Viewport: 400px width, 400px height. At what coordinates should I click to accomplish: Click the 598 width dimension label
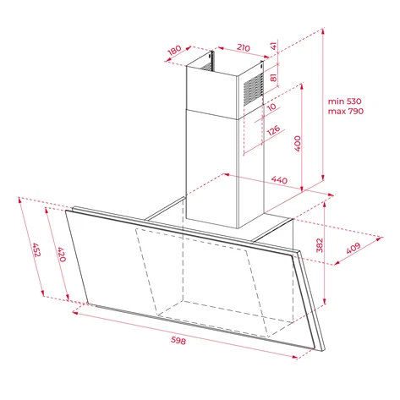[x=178, y=341]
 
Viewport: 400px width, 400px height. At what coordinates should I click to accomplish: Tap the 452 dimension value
[x=36, y=249]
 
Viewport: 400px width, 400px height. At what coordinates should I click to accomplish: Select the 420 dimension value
[x=62, y=255]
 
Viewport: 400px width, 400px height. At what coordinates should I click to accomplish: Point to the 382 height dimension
[x=319, y=245]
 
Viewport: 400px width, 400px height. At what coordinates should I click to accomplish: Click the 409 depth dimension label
[x=353, y=248]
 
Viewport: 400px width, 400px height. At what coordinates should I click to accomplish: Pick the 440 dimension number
[x=279, y=180]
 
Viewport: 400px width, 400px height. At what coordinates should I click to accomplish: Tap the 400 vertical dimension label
[x=298, y=144]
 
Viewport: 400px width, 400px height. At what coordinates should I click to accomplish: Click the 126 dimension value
[x=273, y=130]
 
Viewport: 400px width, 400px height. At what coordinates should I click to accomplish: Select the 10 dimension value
[x=271, y=107]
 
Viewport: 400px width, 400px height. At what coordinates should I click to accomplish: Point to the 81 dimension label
[x=273, y=77]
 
